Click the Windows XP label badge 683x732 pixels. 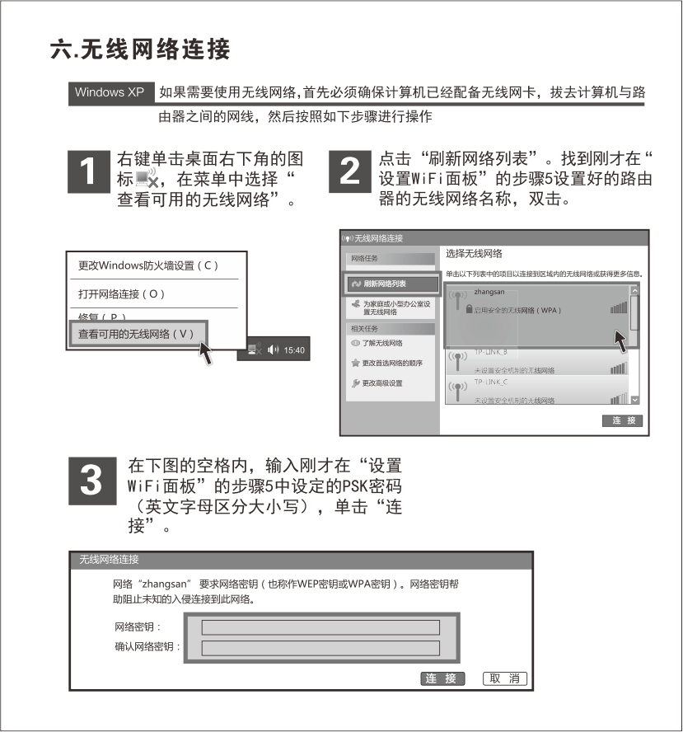click(x=110, y=91)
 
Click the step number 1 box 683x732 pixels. click(x=91, y=171)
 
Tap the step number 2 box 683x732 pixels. click(x=350, y=171)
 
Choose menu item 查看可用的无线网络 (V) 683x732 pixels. click(x=135, y=334)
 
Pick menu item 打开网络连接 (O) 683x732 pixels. click(x=122, y=294)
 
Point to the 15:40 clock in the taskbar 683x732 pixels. click(x=294, y=350)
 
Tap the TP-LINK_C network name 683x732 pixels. click(x=490, y=382)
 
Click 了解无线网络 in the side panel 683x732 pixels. click(x=381, y=342)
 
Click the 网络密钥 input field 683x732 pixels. click(x=320, y=628)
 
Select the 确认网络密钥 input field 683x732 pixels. click(x=320, y=648)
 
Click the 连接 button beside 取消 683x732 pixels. click(x=443, y=678)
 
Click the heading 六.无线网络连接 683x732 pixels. click(x=139, y=49)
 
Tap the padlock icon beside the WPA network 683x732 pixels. click(x=468, y=309)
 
